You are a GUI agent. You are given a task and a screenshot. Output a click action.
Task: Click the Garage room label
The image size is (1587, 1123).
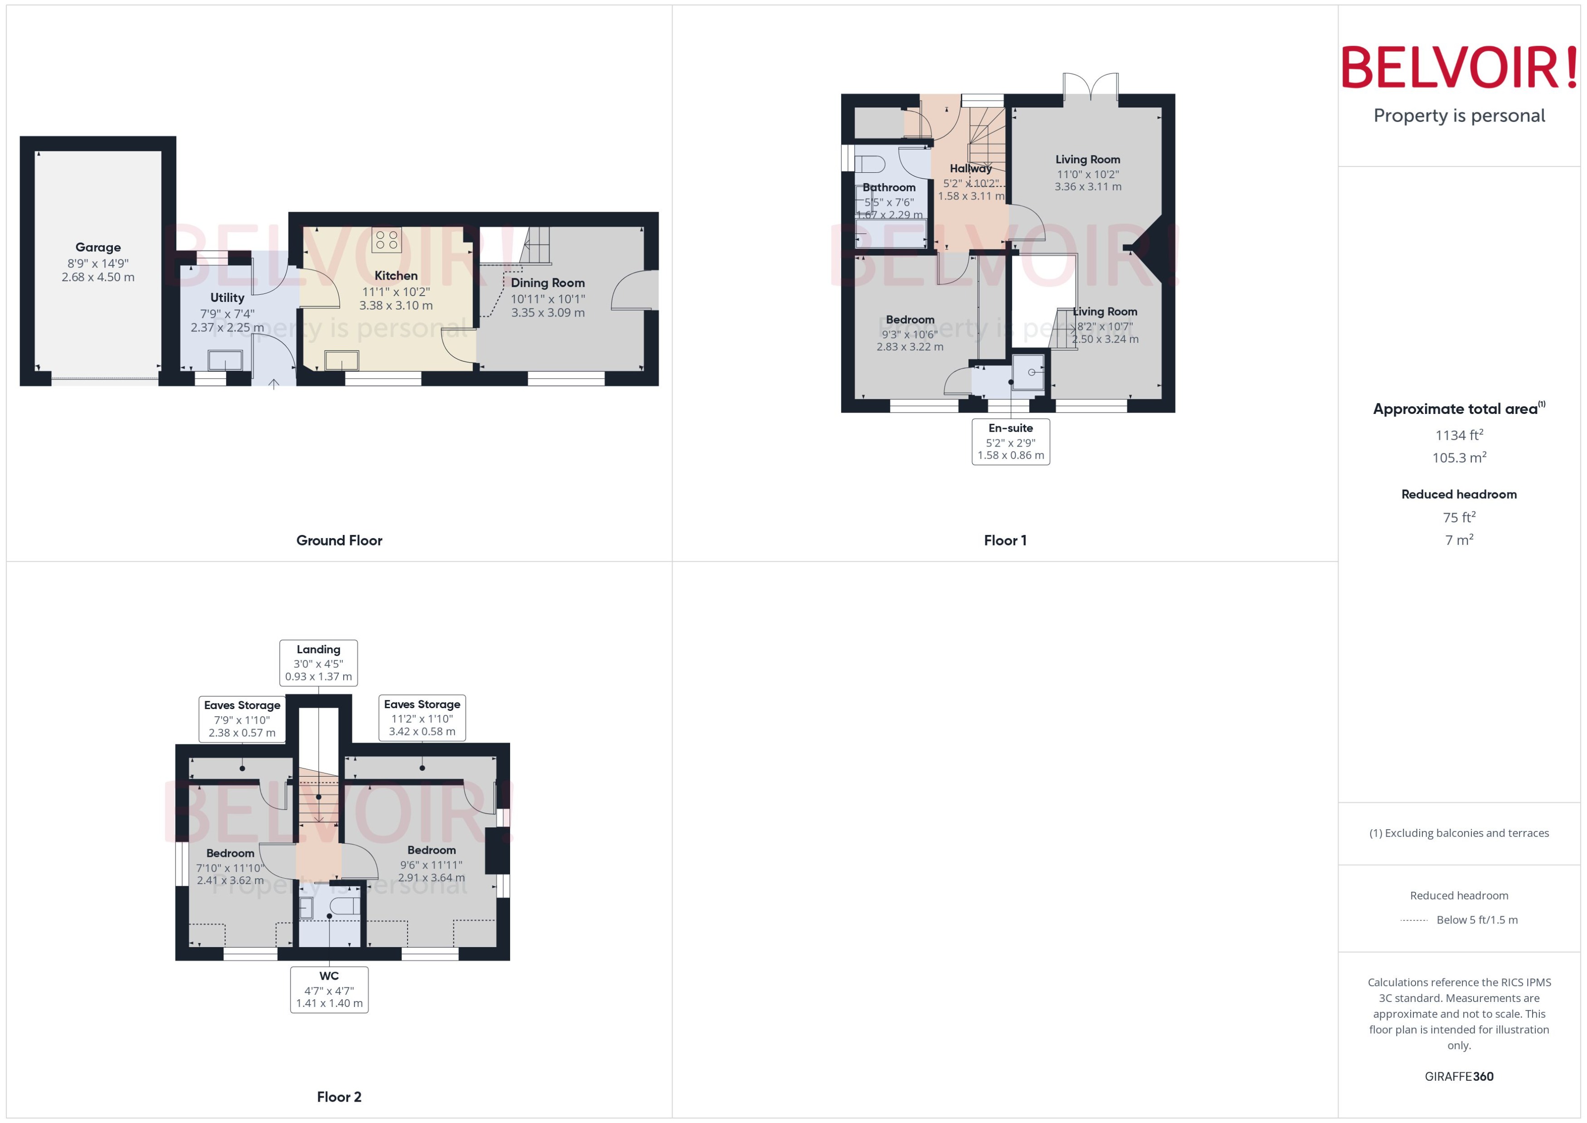pyautogui.click(x=98, y=248)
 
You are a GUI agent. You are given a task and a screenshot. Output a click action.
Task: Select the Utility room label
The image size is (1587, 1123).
pyautogui.click(x=227, y=297)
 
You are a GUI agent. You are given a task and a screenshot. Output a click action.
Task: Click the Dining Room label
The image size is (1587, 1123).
pyautogui.click(x=548, y=283)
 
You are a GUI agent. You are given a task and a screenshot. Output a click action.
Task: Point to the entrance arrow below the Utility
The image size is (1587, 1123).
pyautogui.click(x=274, y=384)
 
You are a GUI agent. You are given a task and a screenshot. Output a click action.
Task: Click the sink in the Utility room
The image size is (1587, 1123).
pyautogui.click(x=225, y=360)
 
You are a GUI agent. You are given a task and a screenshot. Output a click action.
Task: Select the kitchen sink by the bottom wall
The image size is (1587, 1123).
pyautogui.click(x=341, y=360)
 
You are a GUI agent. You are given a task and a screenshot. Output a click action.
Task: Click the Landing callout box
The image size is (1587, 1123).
pyautogui.click(x=318, y=662)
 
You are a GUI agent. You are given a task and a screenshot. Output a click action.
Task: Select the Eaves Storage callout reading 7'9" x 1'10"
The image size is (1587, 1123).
pyautogui.click(x=242, y=719)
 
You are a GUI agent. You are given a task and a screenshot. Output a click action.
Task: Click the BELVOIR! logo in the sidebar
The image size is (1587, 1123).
pyautogui.click(x=1459, y=68)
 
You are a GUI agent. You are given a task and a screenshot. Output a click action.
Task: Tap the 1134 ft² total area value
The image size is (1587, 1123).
pyautogui.click(x=1459, y=435)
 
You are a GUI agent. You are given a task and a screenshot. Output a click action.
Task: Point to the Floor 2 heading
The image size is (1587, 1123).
pyautogui.click(x=339, y=1097)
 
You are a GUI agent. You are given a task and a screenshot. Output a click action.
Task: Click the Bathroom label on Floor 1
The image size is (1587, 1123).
pyautogui.click(x=889, y=187)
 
